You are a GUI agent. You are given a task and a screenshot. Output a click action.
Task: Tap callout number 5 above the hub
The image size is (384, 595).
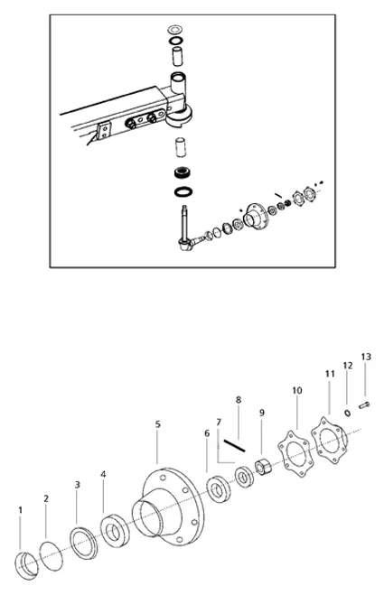coord(157,423)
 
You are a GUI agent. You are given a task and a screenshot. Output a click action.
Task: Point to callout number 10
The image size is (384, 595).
coord(296,390)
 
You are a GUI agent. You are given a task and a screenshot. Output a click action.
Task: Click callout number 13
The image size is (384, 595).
coord(365,357)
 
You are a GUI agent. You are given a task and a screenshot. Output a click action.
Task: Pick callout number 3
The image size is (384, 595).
coord(77,485)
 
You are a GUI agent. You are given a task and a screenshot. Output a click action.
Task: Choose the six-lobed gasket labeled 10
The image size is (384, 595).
coord(295,451)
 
